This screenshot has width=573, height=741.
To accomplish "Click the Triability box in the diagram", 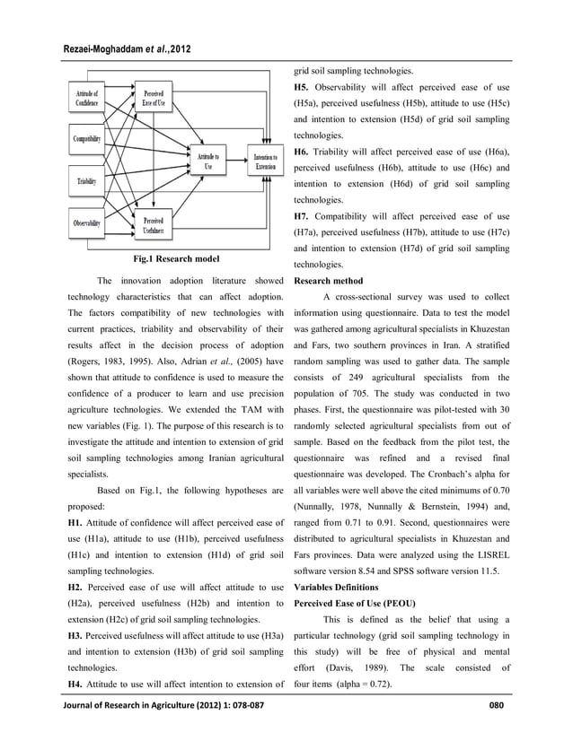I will click(87, 181).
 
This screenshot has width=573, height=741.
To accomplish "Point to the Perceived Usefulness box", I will click(153, 225).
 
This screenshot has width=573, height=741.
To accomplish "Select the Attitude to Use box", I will click(207, 161).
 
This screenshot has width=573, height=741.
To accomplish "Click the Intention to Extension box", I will click(266, 161).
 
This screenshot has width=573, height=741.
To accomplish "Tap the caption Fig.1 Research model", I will click(176, 259).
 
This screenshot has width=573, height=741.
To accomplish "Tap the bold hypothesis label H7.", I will click(304, 216).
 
